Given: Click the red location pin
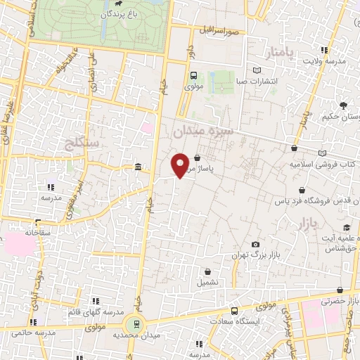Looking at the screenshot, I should click(181, 165).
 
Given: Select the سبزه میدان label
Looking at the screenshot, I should click(208, 130).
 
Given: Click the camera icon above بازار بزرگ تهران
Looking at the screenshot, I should click(255, 243).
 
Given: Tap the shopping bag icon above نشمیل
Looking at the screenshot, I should click(207, 271).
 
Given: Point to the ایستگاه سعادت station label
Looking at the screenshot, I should click(241, 321).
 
